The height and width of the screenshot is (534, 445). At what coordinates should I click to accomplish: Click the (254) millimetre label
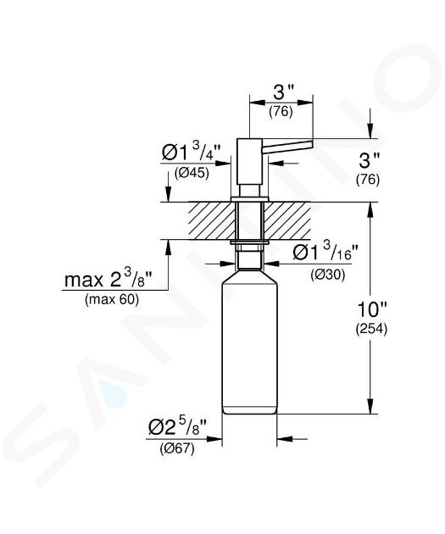pos(371,329)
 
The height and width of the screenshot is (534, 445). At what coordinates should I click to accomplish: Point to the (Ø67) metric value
pos(177,449)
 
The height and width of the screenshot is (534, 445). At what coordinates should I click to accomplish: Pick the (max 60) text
pos(112,300)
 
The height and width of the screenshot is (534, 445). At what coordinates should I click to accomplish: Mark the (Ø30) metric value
pos(327,275)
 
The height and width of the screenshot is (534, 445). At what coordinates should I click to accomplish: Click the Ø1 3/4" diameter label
pos(191,152)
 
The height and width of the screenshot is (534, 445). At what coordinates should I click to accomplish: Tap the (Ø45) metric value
pos(192,174)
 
